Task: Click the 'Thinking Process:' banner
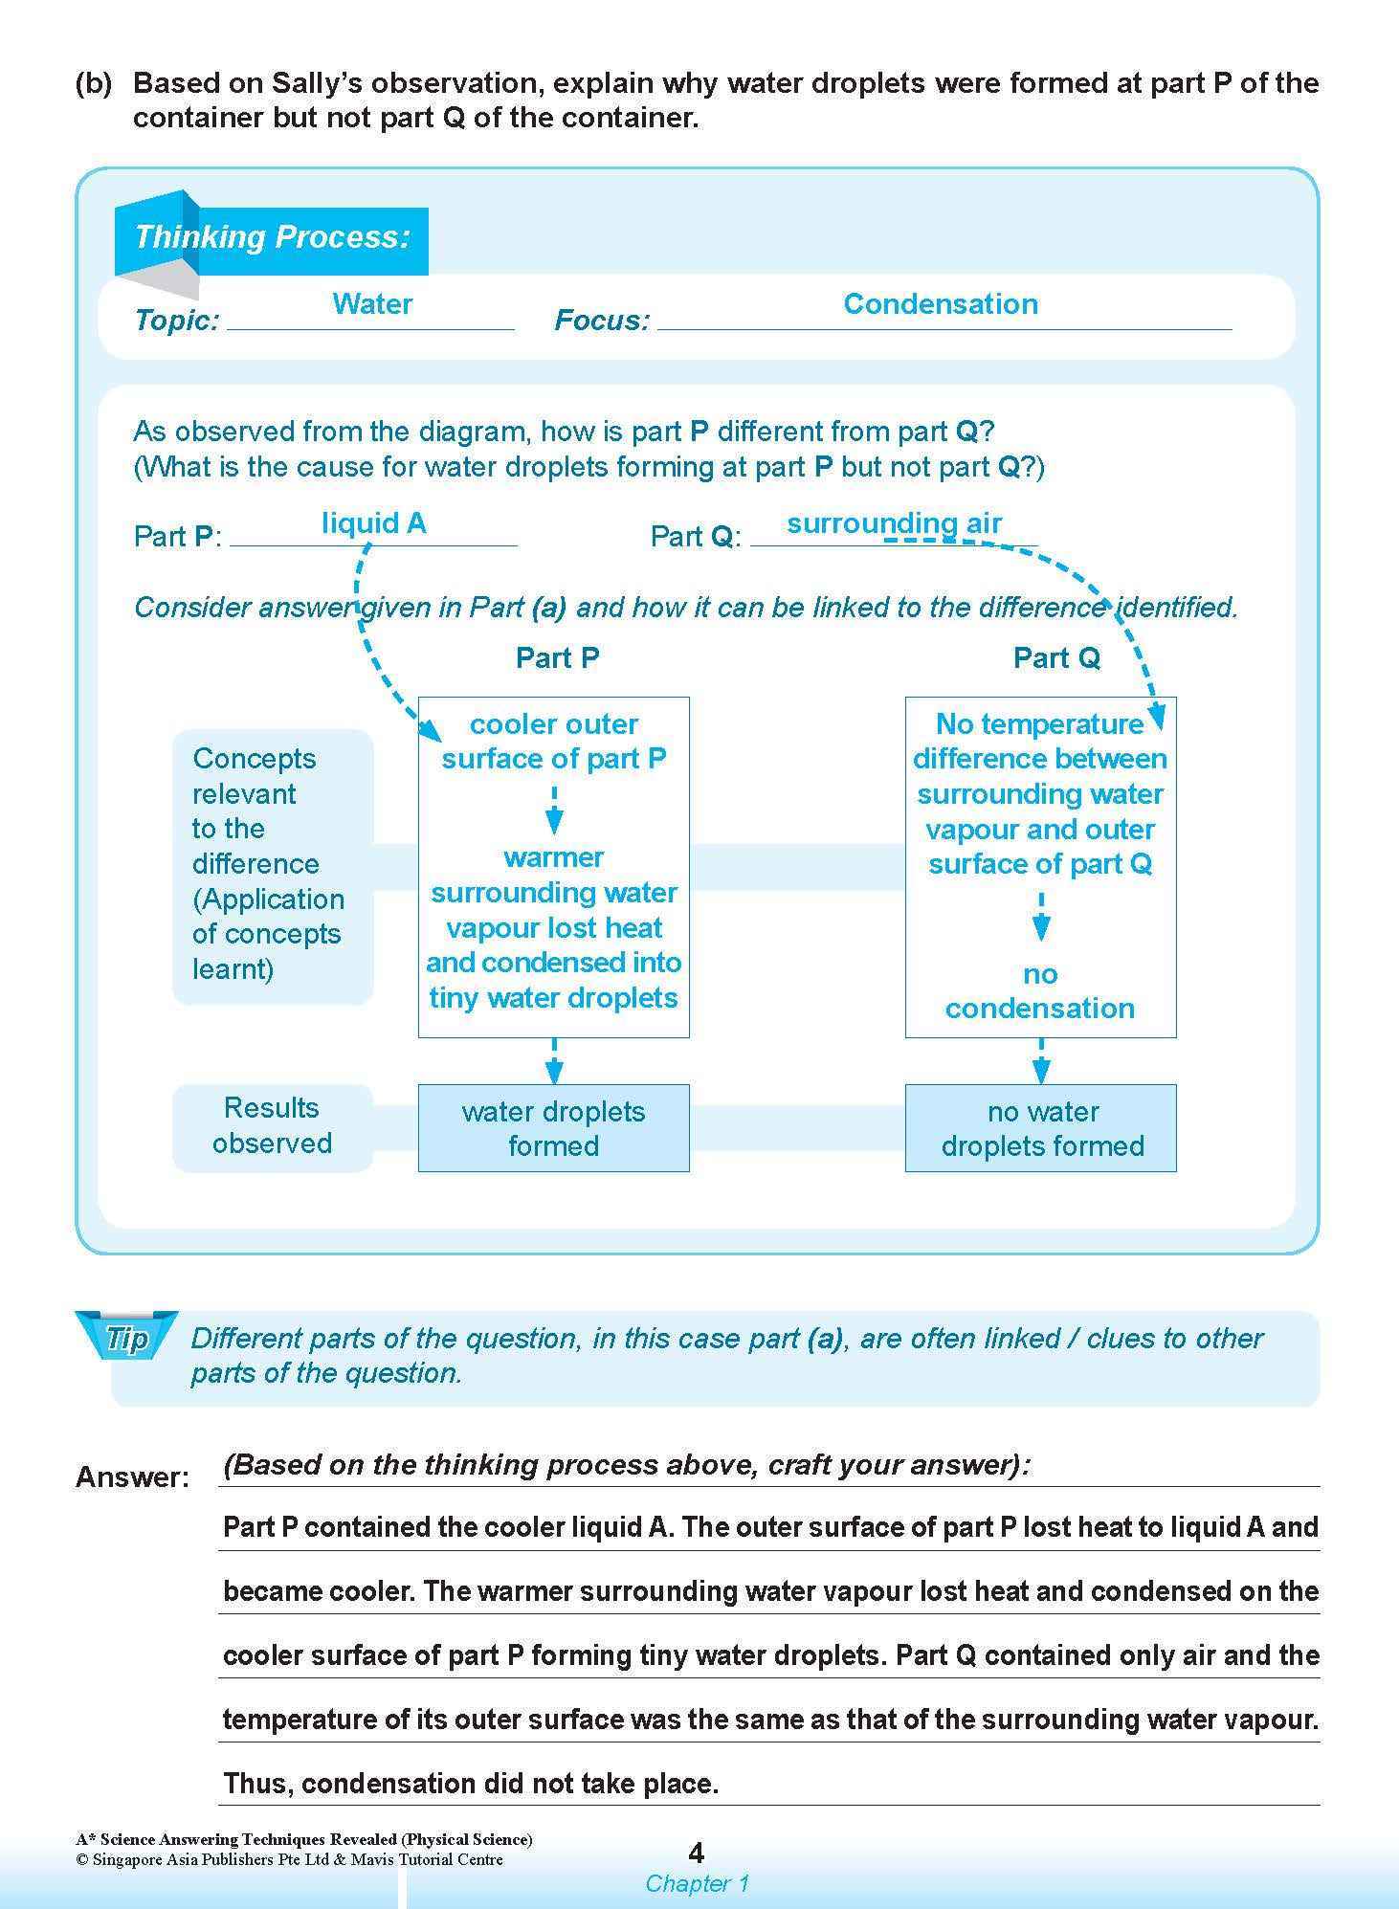[272, 237]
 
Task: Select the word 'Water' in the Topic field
[372, 304]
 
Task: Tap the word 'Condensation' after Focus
[940, 304]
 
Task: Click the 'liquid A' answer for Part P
[373, 523]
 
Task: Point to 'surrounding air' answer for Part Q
[894, 523]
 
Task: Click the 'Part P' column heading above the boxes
[557, 658]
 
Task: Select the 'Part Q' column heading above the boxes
[1056, 658]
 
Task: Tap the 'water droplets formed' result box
[553, 1128]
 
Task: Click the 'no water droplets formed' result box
[1041, 1128]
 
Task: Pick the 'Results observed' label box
[272, 1126]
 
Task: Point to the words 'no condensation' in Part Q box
[1040, 991]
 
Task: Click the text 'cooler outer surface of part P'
[553, 742]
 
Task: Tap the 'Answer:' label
[132, 1477]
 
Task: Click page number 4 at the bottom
[697, 1854]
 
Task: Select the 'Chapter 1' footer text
[697, 1883]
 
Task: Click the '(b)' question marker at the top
[94, 84]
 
